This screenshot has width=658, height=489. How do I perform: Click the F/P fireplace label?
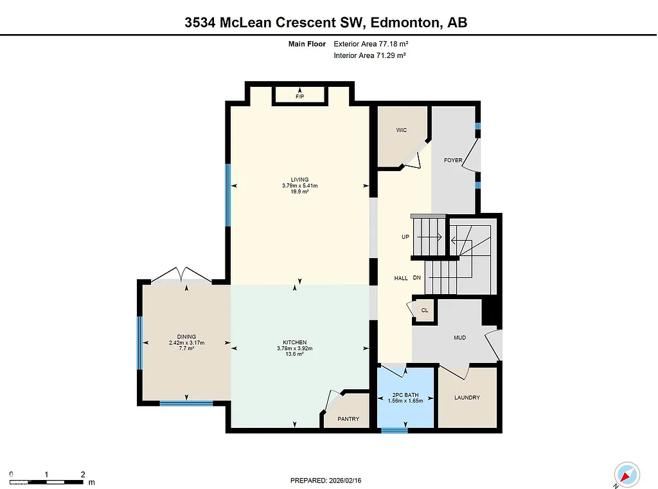[299, 97]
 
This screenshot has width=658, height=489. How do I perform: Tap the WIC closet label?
[402, 130]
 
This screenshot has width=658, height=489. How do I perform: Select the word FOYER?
[453, 160]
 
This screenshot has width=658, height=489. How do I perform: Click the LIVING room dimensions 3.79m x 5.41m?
[299, 185]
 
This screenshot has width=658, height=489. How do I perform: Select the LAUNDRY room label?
[467, 398]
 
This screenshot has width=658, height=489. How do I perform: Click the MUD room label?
[459, 337]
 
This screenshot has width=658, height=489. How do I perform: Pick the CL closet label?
[425, 310]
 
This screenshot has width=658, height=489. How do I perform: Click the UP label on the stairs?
[405, 237]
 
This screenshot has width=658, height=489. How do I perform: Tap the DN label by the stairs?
[416, 278]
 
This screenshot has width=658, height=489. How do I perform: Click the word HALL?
[401, 278]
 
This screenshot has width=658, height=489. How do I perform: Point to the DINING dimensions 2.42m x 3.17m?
[186, 342]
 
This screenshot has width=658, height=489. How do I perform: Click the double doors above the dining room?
[182, 275]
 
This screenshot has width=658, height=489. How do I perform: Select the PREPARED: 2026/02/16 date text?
[330, 480]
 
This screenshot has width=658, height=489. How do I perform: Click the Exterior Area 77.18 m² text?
[371, 44]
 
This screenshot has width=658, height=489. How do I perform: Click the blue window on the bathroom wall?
[394, 430]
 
